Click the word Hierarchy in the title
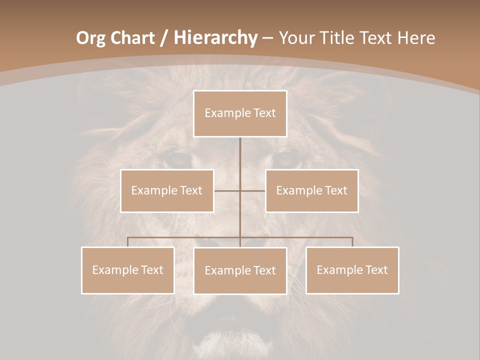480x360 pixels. point(216,38)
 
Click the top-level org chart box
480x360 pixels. point(240,113)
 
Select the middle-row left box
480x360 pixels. point(167,190)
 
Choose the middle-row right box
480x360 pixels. point(311,190)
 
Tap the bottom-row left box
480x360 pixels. point(128,270)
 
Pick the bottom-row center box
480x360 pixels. point(240,270)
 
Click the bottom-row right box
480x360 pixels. point(352,270)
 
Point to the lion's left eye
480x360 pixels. point(178,159)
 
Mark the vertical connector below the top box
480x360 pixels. point(240,160)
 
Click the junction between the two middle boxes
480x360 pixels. point(240,190)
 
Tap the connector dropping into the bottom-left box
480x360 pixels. point(128,242)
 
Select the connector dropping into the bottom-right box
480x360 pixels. point(352,242)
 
